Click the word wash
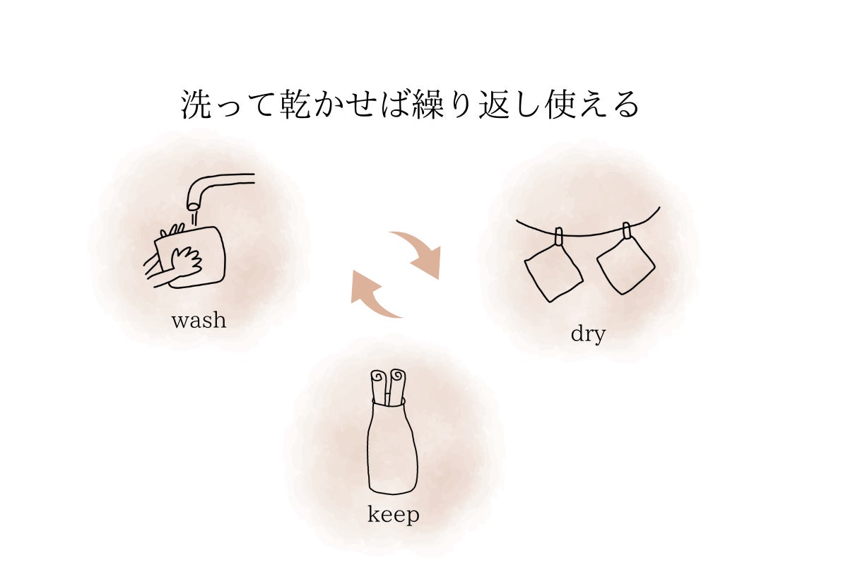click(199, 320)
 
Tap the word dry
click(588, 335)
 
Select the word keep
click(394, 515)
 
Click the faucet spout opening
click(194, 206)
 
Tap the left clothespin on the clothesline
click(558, 237)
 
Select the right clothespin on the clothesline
click(627, 230)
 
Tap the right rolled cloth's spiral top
click(397, 376)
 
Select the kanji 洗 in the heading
click(196, 105)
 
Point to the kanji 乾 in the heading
click(295, 105)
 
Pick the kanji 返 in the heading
click(495, 105)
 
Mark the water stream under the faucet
click(194, 220)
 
